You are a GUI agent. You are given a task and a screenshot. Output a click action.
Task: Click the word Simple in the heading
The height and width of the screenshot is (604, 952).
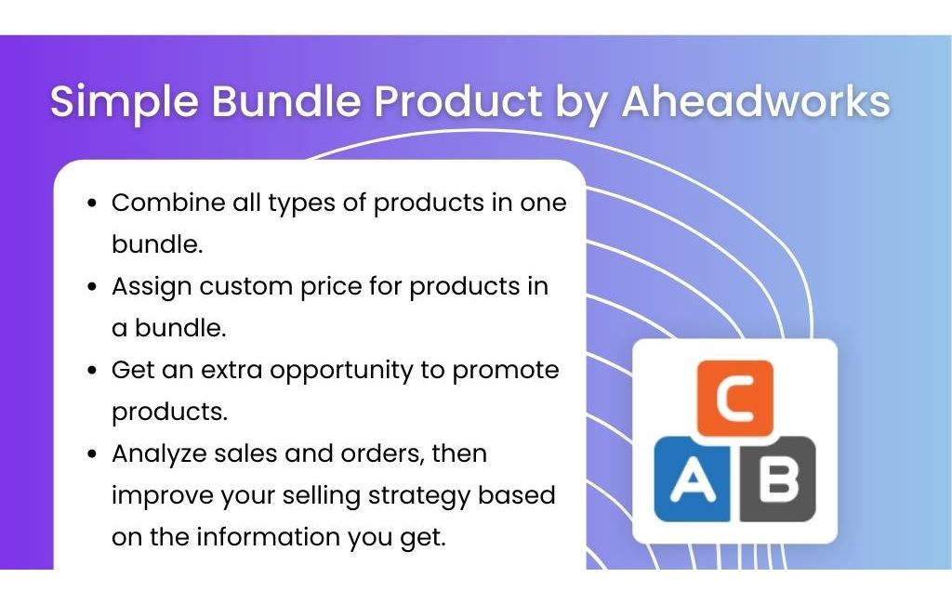[125, 102]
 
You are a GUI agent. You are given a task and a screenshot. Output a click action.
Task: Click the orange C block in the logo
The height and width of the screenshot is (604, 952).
[734, 399]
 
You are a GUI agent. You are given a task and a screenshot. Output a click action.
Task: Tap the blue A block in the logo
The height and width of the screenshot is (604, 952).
[692, 479]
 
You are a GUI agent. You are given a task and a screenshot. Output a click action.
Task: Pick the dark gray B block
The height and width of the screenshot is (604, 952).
[778, 479]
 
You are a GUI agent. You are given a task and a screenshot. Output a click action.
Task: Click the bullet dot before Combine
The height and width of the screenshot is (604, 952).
[92, 204]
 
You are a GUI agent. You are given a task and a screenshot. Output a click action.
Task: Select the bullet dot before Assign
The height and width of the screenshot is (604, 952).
[92, 286]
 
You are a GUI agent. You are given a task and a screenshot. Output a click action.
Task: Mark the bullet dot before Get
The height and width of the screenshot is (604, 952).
[92, 370]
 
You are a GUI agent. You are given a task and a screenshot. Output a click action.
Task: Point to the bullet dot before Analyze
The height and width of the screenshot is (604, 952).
[92, 454]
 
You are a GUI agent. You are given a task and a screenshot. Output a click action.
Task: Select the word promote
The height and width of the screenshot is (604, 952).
[506, 371]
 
